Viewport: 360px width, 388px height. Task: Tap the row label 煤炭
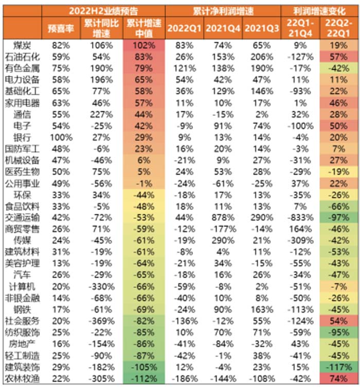(x=21, y=45)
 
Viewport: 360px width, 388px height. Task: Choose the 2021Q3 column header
(x=260, y=28)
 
